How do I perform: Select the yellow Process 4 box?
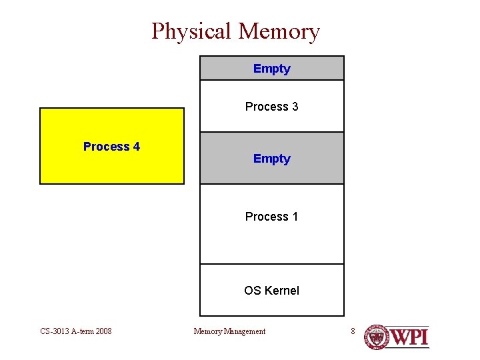(112, 167)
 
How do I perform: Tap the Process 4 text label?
(111, 147)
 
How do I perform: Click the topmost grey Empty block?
(272, 69)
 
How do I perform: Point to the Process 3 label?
(271, 107)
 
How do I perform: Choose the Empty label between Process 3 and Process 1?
(272, 159)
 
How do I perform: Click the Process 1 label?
(271, 217)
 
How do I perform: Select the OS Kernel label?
(271, 291)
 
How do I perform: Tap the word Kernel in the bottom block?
(282, 291)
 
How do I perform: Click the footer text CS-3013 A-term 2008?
(75, 331)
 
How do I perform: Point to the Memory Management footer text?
(229, 331)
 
